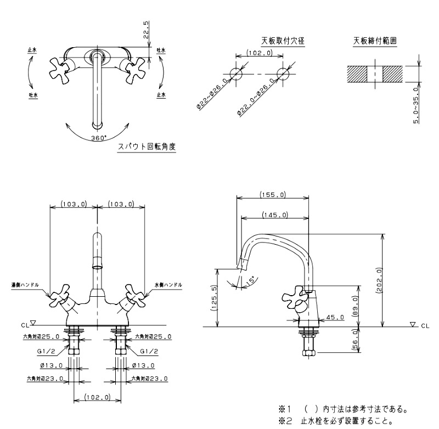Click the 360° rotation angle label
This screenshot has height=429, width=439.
click(x=99, y=138)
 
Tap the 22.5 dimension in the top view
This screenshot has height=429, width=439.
click(x=146, y=30)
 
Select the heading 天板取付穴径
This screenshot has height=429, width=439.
click(x=283, y=41)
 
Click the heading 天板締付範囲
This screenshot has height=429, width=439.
click(x=375, y=41)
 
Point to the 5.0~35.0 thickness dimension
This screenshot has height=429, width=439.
click(x=416, y=105)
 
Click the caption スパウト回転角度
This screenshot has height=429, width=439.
click(x=147, y=146)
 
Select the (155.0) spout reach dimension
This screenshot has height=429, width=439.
click(x=273, y=195)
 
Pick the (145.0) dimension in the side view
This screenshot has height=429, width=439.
click(x=275, y=215)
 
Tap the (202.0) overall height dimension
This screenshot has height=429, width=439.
click(x=379, y=280)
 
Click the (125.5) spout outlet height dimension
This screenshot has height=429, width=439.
click(x=214, y=298)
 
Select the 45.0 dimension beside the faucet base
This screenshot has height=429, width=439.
click(x=335, y=317)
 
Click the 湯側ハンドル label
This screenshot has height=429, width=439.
click(x=25, y=285)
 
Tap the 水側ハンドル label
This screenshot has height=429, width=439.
click(x=168, y=285)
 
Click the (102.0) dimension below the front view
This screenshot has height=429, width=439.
click(x=97, y=397)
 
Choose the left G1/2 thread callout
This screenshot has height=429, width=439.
click(x=47, y=351)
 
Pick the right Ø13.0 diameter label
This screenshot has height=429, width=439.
click(x=143, y=365)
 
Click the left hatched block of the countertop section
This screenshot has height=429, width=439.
click(x=357, y=74)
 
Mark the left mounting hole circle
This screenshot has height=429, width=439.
click(x=236, y=74)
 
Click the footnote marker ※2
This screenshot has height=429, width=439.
click(x=285, y=421)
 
